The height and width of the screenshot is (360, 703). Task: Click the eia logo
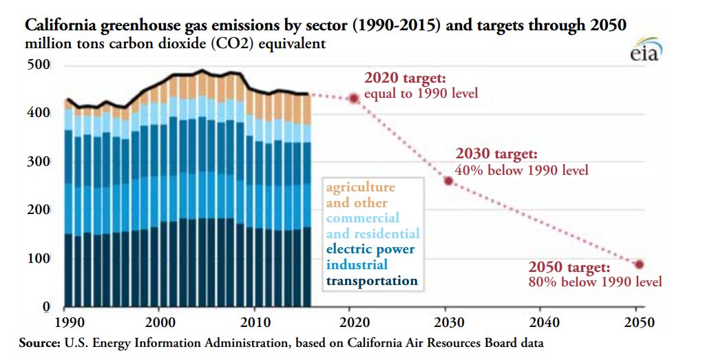coord(645,54)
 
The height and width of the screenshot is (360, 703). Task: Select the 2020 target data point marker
coord(354,98)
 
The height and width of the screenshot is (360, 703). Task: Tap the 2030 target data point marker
coord(448,181)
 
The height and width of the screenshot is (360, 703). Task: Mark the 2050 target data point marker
coord(639,264)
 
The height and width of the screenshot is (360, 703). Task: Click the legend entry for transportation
coord(371,281)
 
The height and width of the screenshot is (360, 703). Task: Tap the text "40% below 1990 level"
coord(522,170)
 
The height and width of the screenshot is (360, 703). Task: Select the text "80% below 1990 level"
coord(595,282)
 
